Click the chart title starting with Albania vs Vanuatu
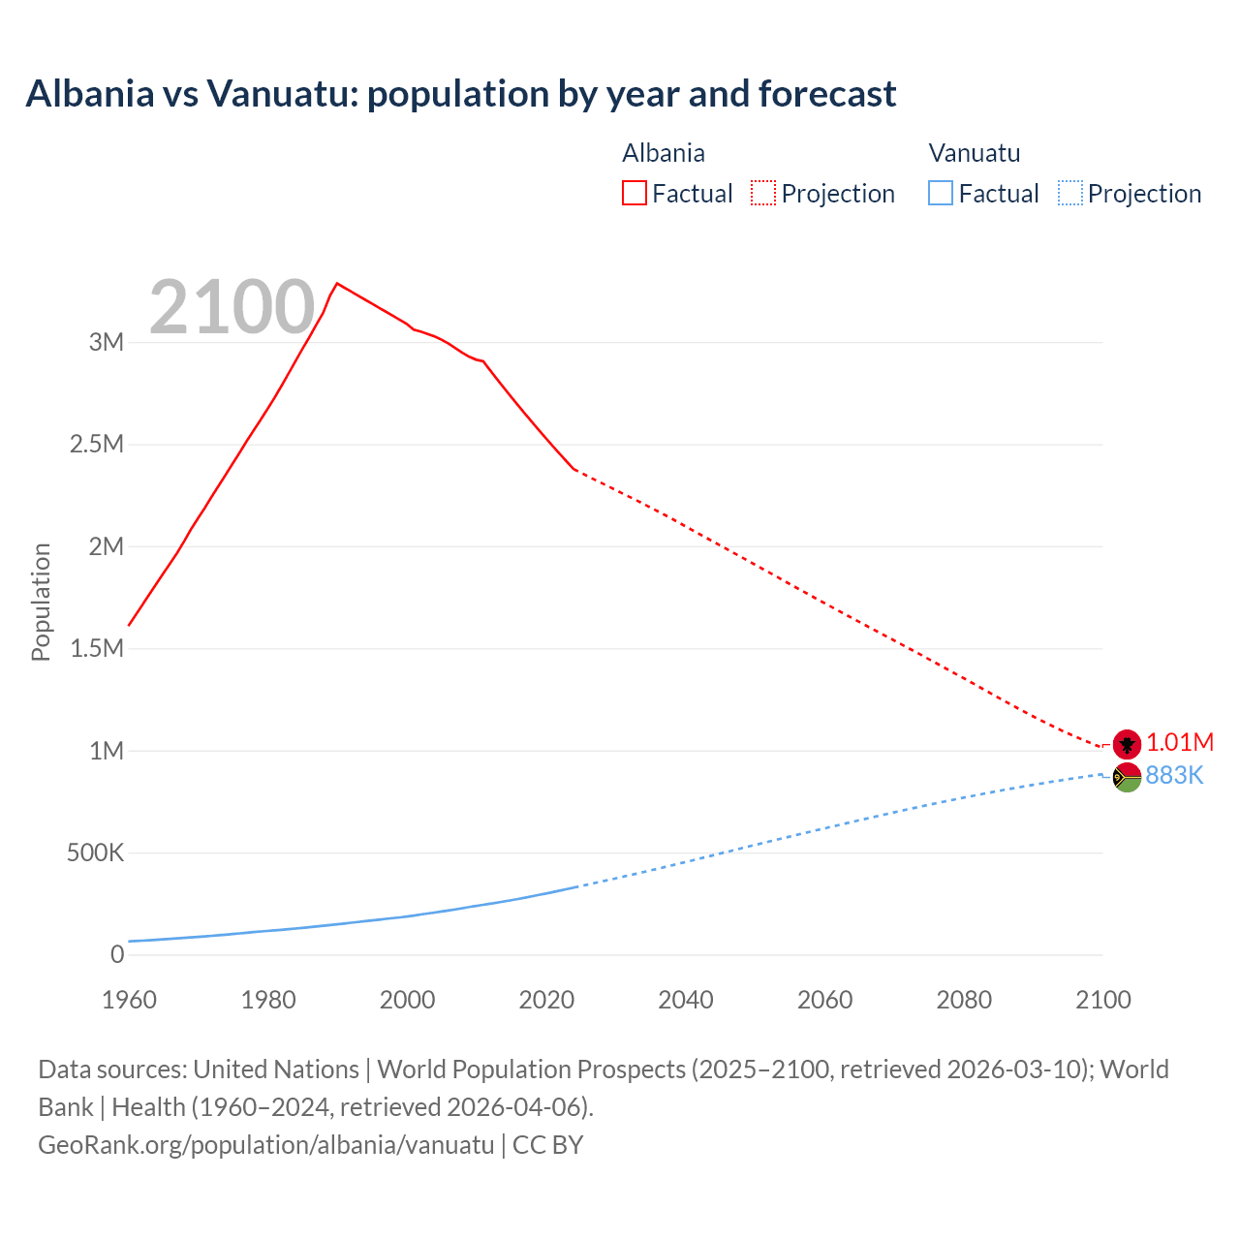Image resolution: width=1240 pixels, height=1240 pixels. pyautogui.click(x=461, y=94)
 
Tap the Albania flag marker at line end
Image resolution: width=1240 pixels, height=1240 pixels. pyautogui.click(x=1127, y=743)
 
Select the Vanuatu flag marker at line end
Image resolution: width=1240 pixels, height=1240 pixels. pyautogui.click(x=1127, y=777)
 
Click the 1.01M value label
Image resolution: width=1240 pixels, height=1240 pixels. pyautogui.click(x=1180, y=743)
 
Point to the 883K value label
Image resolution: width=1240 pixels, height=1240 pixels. pyautogui.click(x=1174, y=776)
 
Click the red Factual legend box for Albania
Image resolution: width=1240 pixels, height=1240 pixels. pyautogui.click(x=635, y=194)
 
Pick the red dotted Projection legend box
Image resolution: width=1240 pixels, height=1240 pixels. pyautogui.click(x=763, y=194)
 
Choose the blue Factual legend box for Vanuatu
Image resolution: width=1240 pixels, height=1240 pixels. pyautogui.click(x=941, y=194)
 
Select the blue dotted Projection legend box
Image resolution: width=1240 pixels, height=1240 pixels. pyautogui.click(x=1069, y=194)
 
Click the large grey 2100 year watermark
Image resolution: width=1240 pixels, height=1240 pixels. pyautogui.click(x=232, y=307)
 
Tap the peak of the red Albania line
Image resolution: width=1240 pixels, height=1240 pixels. pyautogui.click(x=336, y=284)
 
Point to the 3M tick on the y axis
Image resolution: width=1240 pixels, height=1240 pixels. pyautogui.click(x=107, y=342)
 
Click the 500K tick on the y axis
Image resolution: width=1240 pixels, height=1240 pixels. pyautogui.click(x=95, y=853)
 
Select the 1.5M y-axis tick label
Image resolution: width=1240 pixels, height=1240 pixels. pyautogui.click(x=97, y=649)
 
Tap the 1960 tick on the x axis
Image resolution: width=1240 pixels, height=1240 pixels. pyautogui.click(x=129, y=1000)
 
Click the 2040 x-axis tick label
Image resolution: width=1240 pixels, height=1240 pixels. pyautogui.click(x=686, y=1000)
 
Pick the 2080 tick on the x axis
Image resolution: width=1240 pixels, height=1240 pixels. pyautogui.click(x=964, y=1000)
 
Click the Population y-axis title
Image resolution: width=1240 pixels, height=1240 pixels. pyautogui.click(x=41, y=602)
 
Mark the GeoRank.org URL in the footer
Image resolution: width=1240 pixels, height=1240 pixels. pyautogui.click(x=266, y=1145)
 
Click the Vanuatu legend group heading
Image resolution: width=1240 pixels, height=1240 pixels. pyautogui.click(x=975, y=153)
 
